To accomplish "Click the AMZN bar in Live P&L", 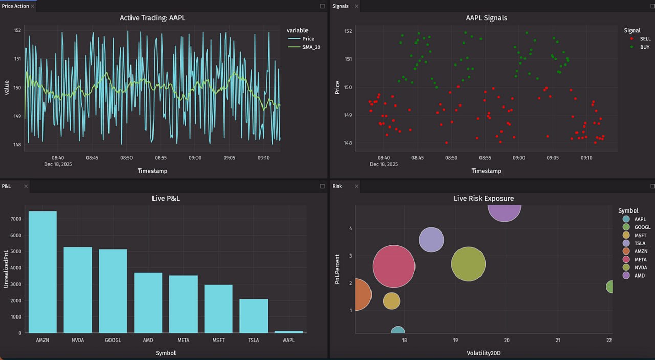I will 42,272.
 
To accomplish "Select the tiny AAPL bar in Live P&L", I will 289,332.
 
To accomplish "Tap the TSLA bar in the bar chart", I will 253,316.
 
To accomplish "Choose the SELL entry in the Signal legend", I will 645,39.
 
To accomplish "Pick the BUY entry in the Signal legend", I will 645,47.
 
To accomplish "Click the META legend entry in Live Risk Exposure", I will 640,260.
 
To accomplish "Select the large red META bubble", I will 394,266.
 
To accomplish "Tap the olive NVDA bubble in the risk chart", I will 468,264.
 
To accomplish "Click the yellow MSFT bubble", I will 391,301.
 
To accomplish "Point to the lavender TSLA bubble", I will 431,240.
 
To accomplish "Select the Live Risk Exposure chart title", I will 484,198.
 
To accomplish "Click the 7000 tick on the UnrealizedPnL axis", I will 16,219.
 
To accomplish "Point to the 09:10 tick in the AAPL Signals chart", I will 586,158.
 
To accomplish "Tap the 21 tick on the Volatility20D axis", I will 558,341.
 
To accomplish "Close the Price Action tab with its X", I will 33,6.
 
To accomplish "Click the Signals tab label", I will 340,6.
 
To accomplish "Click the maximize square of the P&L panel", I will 322,186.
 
